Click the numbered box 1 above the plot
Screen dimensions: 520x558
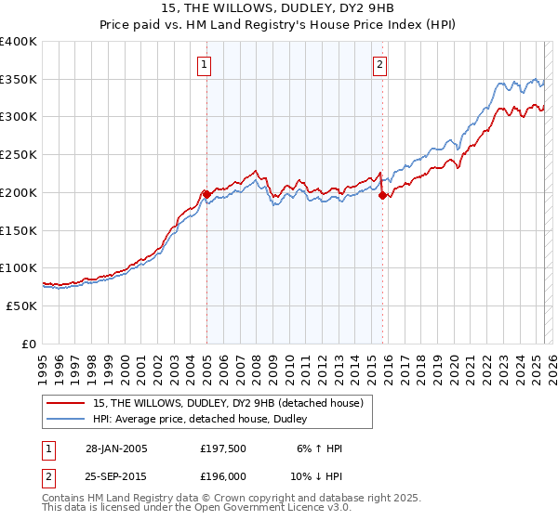[x=203, y=64]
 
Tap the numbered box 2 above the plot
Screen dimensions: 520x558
[x=380, y=64]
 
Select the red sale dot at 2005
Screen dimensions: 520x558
[x=206, y=193]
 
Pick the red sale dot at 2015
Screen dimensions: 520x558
[x=382, y=195]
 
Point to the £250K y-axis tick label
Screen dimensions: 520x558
[x=19, y=155]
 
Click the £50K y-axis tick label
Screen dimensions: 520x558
[x=21, y=305]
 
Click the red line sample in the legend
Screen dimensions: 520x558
[x=66, y=402]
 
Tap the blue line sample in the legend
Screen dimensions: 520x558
[x=66, y=419]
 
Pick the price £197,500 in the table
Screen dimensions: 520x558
[x=222, y=448]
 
